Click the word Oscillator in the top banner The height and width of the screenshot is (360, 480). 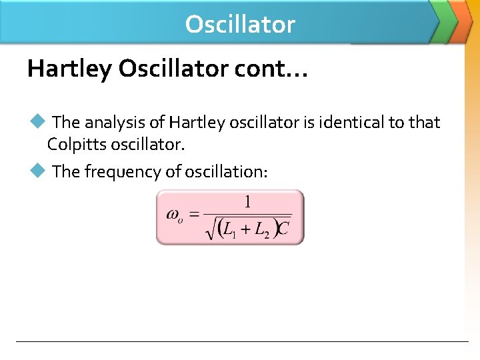click(240, 25)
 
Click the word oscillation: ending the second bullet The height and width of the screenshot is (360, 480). click(227, 172)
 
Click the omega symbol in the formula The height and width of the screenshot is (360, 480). click(173, 215)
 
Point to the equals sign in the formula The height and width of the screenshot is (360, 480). click(194, 215)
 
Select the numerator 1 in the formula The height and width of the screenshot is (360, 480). click(247, 202)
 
